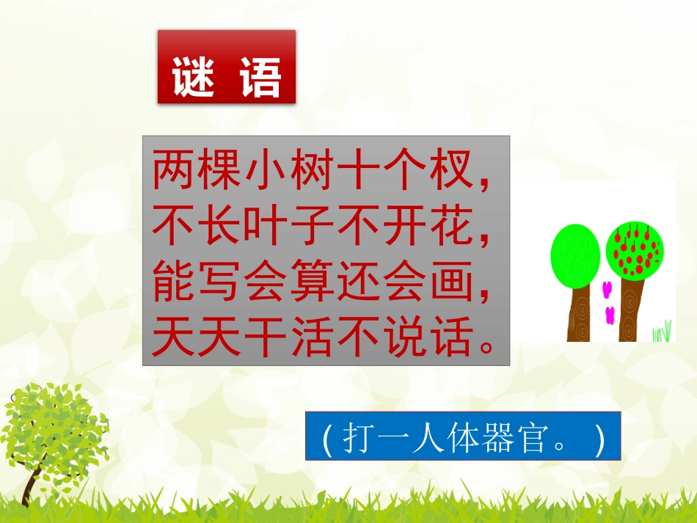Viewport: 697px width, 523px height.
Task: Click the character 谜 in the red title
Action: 194,76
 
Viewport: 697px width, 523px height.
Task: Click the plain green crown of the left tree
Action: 575,255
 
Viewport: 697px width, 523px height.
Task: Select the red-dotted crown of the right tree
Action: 636,249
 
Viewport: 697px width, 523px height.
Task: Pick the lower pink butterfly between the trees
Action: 610,315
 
